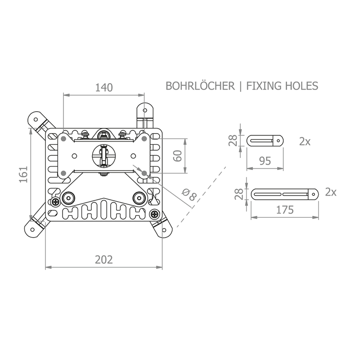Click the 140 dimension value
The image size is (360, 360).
tap(104, 87)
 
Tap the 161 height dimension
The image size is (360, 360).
tap(23, 175)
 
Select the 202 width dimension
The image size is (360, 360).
tap(104, 260)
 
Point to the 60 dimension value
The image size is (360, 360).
tap(178, 156)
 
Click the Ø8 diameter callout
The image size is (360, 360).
tap(189, 194)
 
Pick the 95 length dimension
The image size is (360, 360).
tap(265, 161)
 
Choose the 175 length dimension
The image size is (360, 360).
tap(285, 210)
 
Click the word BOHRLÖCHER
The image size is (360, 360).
tap(200, 86)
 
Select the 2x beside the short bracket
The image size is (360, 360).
tap(305, 142)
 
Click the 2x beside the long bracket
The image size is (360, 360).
tap(331, 192)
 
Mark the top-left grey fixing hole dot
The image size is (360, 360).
tap(64, 139)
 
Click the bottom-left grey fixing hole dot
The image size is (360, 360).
tap(64, 173)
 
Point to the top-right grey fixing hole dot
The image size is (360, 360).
tap(144, 139)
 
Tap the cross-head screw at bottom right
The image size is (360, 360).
tap(154, 215)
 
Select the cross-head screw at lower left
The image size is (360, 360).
tap(56, 202)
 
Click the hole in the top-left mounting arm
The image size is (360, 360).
tap(36, 119)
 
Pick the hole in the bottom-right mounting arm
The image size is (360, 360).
tap(164, 230)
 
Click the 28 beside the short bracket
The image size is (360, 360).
tap(233, 140)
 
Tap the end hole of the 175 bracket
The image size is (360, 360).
tap(314, 194)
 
